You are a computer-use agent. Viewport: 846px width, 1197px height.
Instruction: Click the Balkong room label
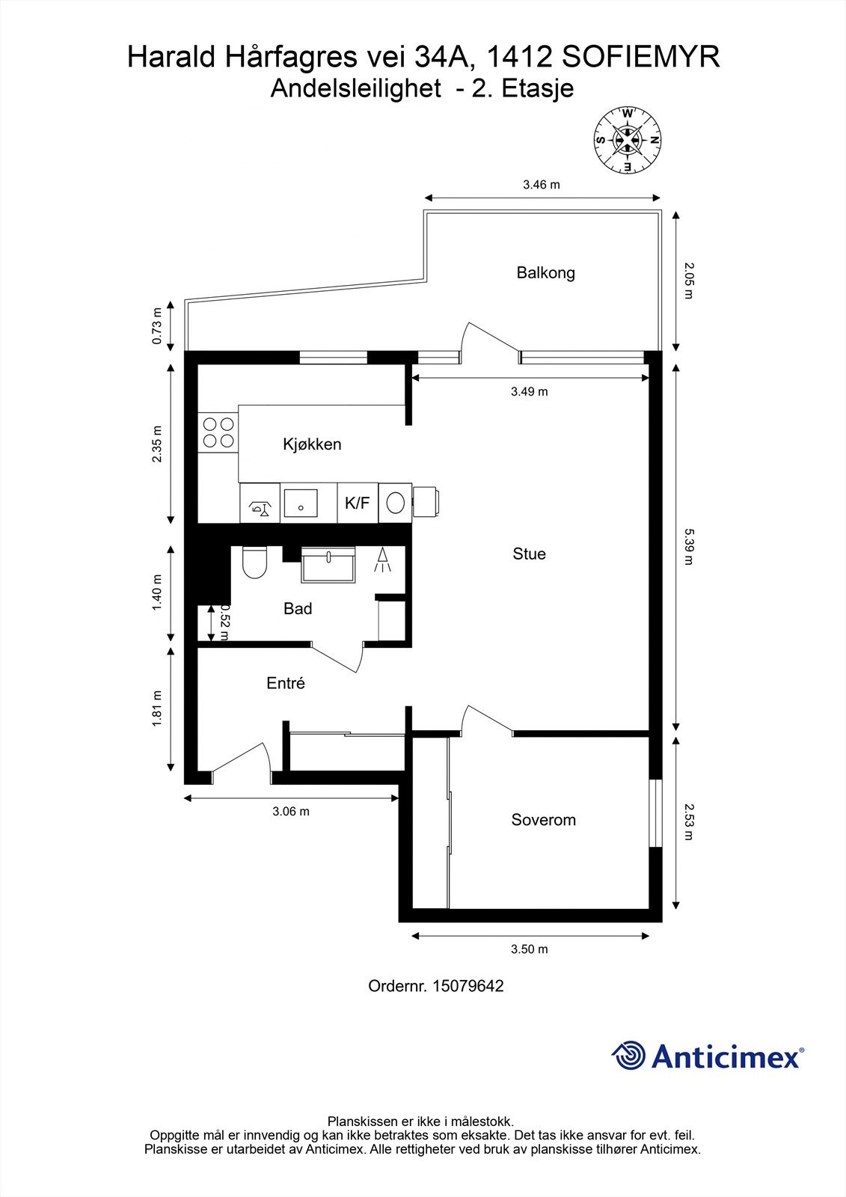(545, 273)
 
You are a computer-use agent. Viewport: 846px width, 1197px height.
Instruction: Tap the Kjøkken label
(312, 444)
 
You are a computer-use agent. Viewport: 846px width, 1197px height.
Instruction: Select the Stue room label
(529, 554)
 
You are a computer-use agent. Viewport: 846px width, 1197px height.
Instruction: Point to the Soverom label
(543, 820)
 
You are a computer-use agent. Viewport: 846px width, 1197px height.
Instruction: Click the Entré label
(286, 684)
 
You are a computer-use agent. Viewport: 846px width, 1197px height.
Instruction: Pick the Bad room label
(298, 609)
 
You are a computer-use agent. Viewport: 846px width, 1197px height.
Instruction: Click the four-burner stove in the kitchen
(218, 432)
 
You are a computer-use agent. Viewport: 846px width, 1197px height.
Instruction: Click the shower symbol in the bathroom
(383, 560)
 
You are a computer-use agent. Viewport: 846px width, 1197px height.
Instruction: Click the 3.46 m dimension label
(541, 185)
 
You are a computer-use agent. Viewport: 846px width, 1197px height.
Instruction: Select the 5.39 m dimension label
(689, 545)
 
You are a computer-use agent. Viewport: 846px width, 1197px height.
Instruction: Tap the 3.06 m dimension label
(290, 812)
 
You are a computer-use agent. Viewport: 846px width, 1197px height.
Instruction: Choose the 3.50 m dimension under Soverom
(529, 949)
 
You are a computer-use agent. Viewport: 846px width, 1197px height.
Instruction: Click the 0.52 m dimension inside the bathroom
(223, 622)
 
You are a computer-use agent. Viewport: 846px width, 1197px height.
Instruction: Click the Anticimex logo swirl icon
(628, 1056)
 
